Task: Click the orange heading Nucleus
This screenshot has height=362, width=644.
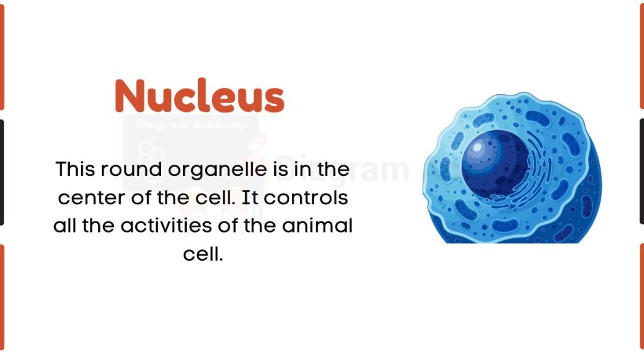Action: (x=199, y=96)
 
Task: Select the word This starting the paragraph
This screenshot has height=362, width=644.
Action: (x=75, y=170)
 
